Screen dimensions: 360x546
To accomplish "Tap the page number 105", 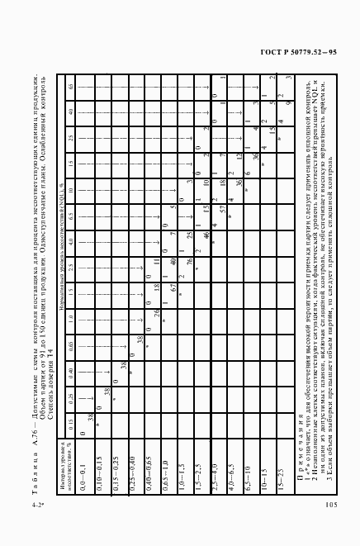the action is coord(331,505).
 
